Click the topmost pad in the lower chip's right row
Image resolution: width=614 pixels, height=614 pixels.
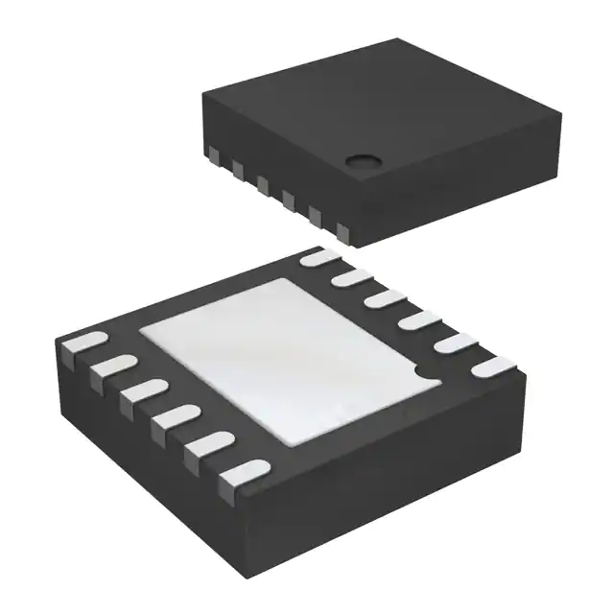[319, 257]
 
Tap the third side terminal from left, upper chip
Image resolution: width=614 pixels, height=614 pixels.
[261, 184]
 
